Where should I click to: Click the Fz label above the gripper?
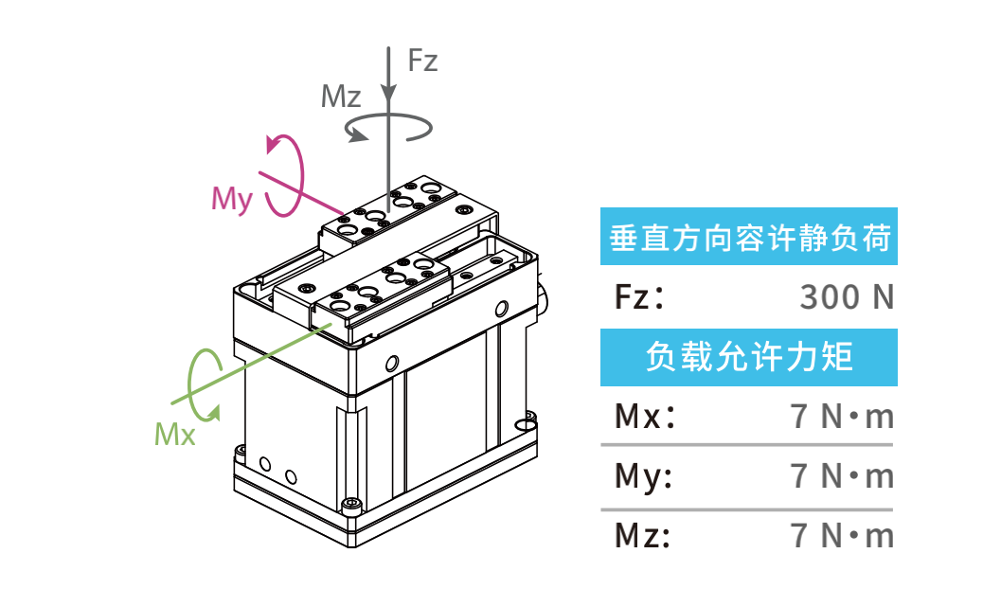(422, 62)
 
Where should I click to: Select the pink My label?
(232, 199)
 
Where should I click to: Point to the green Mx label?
(174, 435)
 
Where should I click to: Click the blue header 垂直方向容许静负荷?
(748, 238)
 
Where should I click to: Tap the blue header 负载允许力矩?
(748, 357)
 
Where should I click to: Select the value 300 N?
(847, 297)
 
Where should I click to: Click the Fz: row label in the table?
(640, 297)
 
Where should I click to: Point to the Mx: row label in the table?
(645, 417)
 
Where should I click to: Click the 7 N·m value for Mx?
(842, 417)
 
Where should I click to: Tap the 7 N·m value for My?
(842, 476)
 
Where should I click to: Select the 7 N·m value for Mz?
(842, 536)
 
